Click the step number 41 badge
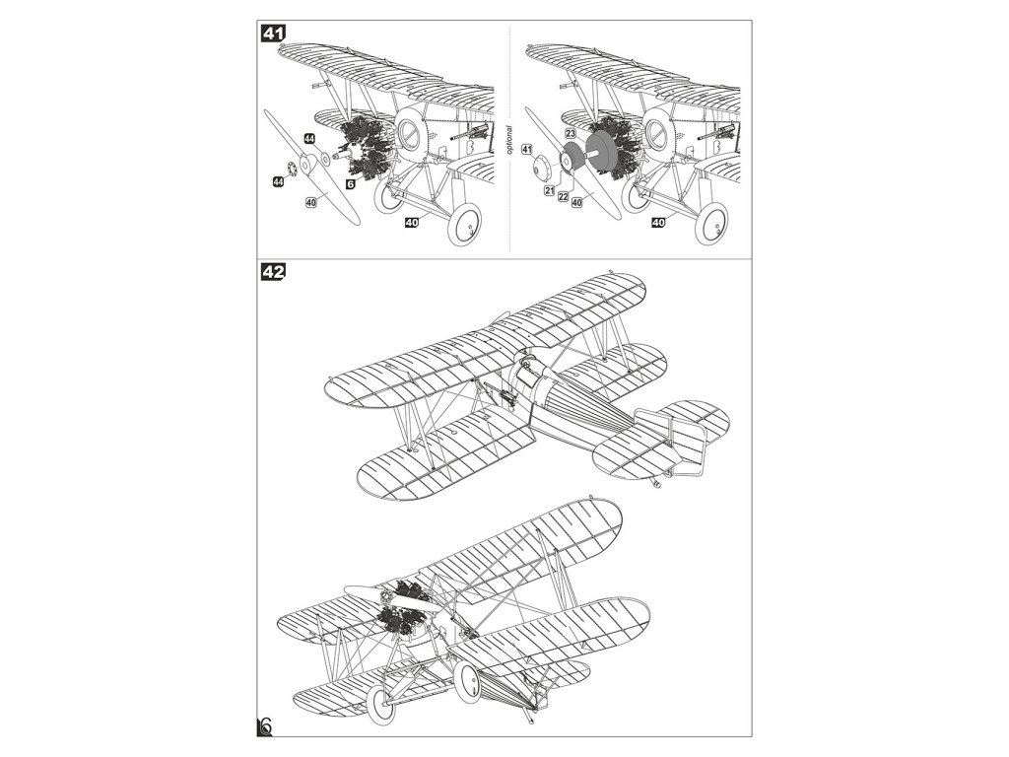click(273, 33)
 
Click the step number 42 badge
click(273, 272)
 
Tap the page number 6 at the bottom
click(264, 725)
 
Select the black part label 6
click(350, 183)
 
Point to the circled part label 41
click(527, 150)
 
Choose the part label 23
click(570, 132)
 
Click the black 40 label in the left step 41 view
click(412, 224)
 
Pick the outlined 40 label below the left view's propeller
click(311, 202)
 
